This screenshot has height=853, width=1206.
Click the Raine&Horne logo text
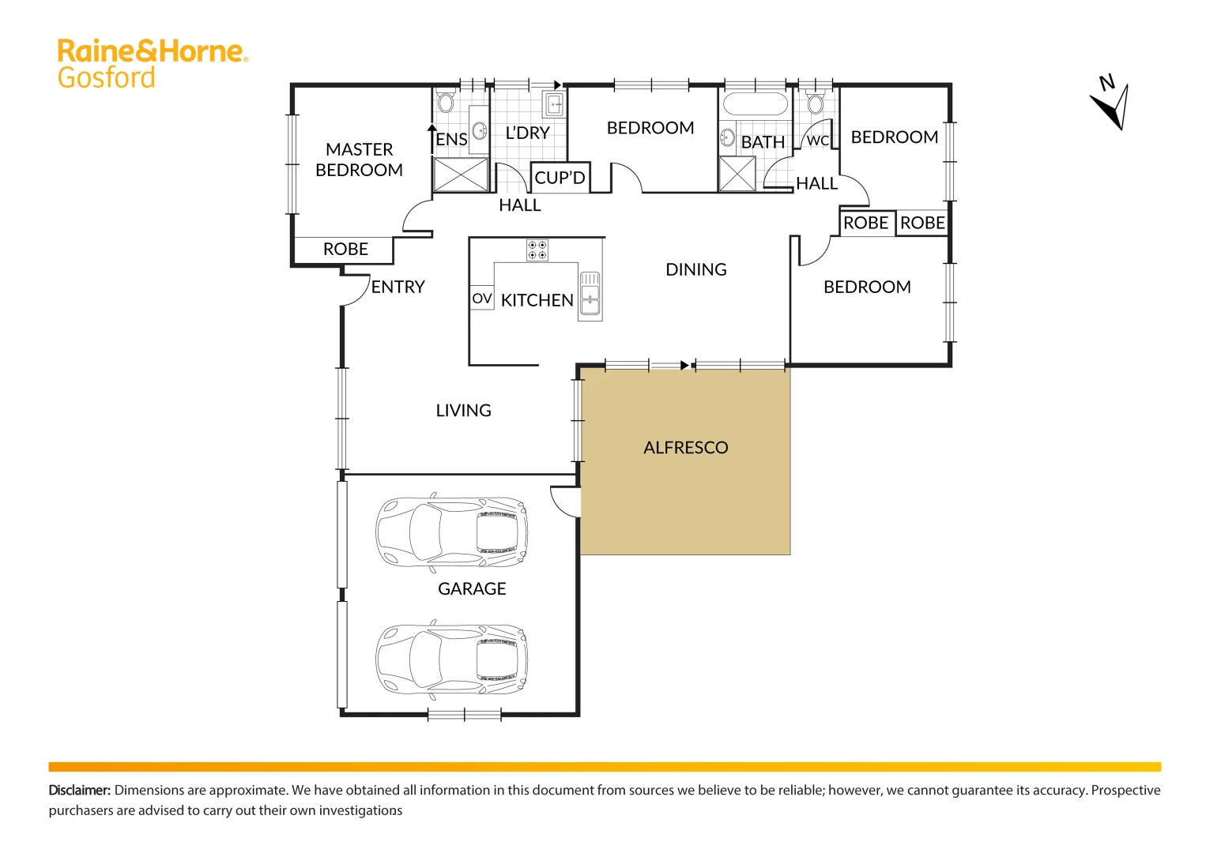(153, 52)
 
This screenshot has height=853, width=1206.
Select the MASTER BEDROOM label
(359, 160)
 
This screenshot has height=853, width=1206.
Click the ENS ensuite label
(451, 140)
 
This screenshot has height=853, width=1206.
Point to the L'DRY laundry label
(527, 133)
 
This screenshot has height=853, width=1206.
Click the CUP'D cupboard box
(560, 178)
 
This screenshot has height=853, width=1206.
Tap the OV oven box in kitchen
(481, 299)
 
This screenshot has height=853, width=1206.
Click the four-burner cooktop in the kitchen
(537, 250)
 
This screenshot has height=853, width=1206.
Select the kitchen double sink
(590, 295)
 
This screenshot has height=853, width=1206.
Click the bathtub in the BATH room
(756, 104)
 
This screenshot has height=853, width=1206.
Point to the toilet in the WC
(816, 103)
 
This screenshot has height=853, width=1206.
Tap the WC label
(817, 141)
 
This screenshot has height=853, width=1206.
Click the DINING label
(695, 270)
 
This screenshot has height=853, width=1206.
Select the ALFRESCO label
(685, 448)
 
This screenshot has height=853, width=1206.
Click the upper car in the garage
(451, 532)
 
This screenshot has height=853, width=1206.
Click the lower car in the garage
(451, 659)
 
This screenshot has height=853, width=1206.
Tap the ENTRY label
(398, 287)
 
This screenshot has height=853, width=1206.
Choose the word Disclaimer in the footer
(79, 790)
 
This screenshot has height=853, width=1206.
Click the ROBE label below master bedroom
(345, 250)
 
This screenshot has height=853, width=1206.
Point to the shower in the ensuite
(461, 175)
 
